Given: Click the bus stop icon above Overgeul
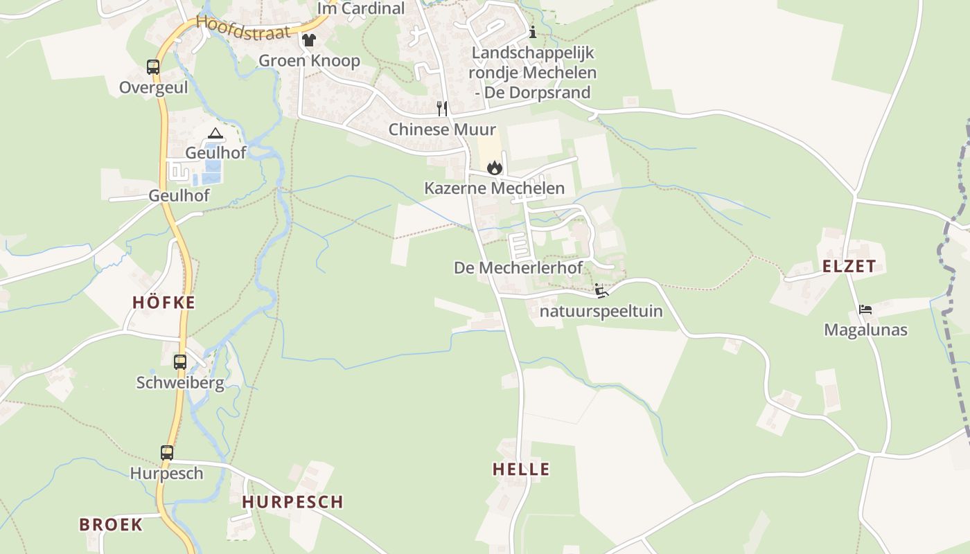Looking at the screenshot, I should click(x=153, y=67).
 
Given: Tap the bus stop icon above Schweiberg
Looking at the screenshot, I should click(x=180, y=361).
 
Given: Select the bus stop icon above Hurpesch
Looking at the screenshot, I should click(x=167, y=452).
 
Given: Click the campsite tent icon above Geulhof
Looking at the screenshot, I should click(x=215, y=133).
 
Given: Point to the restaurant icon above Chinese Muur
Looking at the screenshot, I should click(x=442, y=108).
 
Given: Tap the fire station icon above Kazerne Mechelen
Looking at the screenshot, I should click(x=494, y=167).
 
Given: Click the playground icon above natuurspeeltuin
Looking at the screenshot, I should click(x=601, y=290).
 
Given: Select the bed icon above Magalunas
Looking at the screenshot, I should click(x=865, y=309).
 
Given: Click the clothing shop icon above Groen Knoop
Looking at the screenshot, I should click(x=309, y=40).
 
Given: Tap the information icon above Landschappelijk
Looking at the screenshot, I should click(x=533, y=32).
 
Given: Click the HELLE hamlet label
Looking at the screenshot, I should click(x=521, y=469).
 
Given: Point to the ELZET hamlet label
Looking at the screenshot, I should click(x=849, y=266).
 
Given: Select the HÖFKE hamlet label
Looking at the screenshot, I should click(x=164, y=302).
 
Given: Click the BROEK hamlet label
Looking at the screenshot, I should click(x=111, y=524).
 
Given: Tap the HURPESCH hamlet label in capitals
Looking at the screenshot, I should click(x=292, y=502).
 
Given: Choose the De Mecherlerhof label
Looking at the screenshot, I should click(x=518, y=267).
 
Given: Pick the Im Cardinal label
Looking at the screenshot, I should click(x=360, y=8).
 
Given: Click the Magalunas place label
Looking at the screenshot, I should click(x=865, y=330).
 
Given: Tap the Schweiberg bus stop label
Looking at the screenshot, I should click(x=180, y=383).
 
